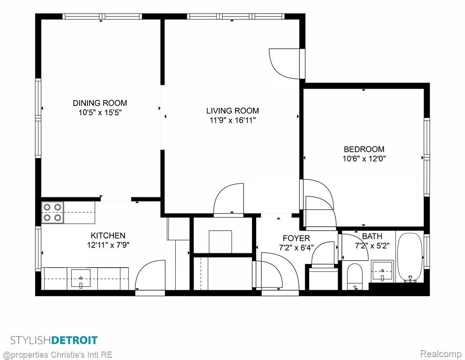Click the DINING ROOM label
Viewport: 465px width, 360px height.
tap(100, 103)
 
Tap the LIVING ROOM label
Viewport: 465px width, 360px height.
tap(232, 111)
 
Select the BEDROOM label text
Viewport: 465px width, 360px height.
tap(364, 149)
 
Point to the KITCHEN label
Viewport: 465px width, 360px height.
tap(108, 236)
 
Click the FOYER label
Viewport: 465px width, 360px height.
tap(296, 238)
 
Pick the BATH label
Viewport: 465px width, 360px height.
tap(372, 237)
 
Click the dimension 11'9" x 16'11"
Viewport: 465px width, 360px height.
tap(232, 120)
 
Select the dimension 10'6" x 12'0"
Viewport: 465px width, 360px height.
tap(364, 158)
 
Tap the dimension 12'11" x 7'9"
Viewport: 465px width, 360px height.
tap(108, 245)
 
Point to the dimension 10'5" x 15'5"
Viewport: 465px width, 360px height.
tap(100, 112)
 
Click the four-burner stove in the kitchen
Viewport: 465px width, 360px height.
tap(53, 212)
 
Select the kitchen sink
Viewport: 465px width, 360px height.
tap(81, 278)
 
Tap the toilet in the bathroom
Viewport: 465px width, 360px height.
tap(354, 276)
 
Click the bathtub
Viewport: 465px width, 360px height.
tap(410, 257)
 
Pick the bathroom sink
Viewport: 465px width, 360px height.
tap(383, 271)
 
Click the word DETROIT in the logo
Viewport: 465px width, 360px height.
tap(74, 340)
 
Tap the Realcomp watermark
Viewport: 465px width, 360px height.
tap(441, 354)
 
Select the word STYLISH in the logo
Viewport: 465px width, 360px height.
tap(31, 340)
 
